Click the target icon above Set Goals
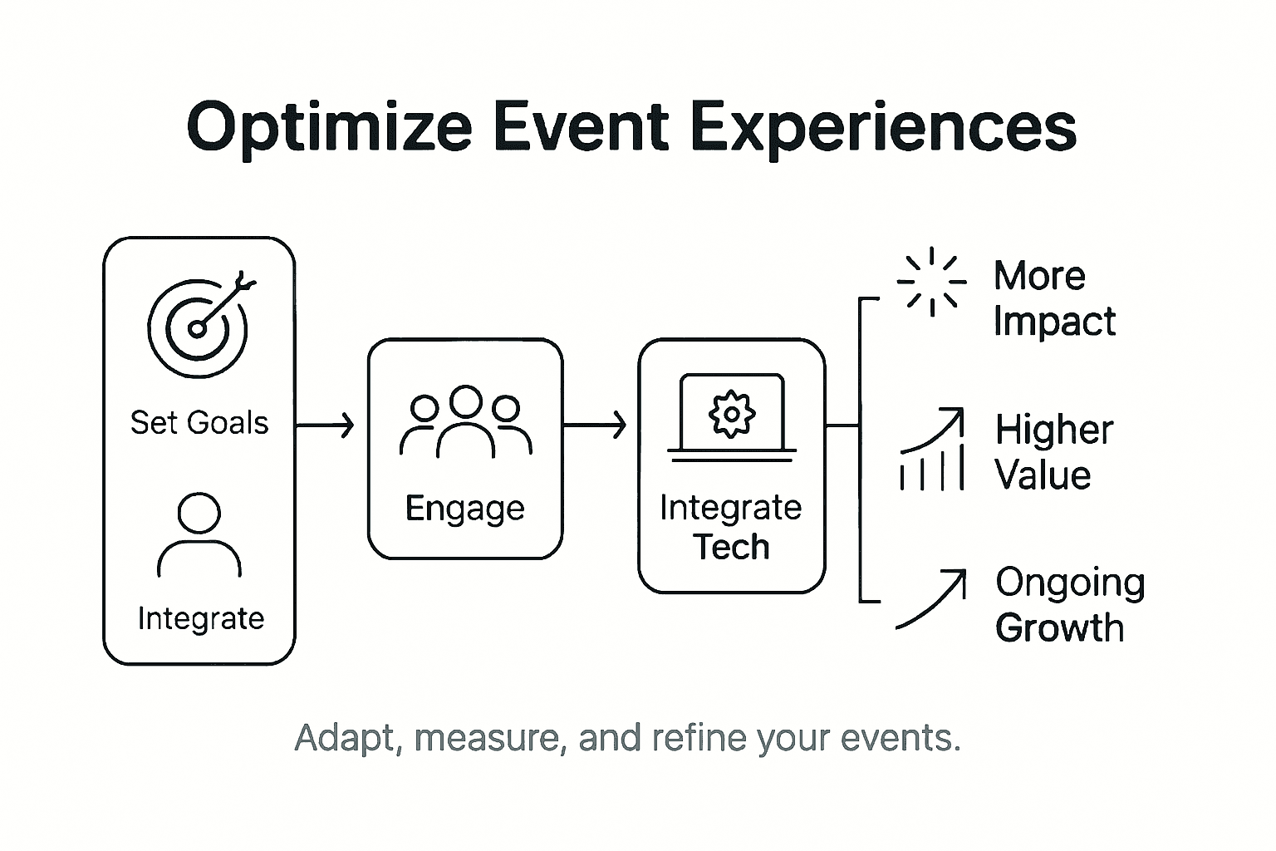coord(198,327)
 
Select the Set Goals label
coord(199,423)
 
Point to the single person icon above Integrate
coord(199,535)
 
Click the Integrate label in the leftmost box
coord(200,618)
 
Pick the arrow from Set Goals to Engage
coord(326,425)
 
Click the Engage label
coord(464,508)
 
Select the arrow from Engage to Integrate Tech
coord(595,425)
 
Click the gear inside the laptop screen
coord(731,413)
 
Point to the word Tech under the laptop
coord(731,547)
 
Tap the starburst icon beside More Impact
coord(932,282)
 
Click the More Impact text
coord(1053,298)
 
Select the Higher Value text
coord(1053,453)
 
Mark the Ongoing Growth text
coord(1069,605)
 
